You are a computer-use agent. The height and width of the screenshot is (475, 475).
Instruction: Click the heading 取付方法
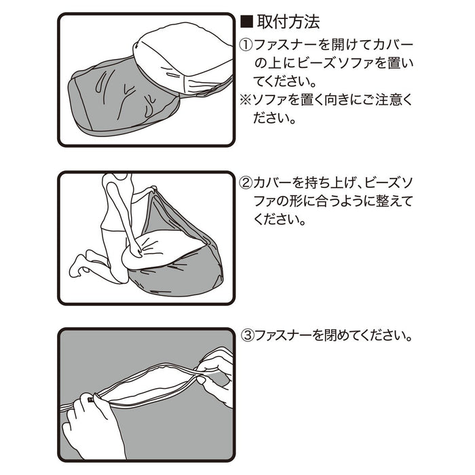click(x=288, y=22)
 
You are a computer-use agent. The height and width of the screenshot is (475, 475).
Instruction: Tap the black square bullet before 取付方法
click(x=246, y=22)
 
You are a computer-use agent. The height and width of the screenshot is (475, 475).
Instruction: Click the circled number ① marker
click(x=246, y=45)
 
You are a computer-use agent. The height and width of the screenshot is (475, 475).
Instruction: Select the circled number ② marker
click(x=246, y=183)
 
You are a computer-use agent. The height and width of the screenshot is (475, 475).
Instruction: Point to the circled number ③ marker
click(x=248, y=336)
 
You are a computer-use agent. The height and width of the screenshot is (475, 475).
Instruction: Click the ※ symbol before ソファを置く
click(x=246, y=100)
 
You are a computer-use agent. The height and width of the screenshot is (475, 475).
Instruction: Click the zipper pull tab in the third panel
click(x=90, y=400)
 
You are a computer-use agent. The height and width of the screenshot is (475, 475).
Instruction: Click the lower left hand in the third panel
click(x=91, y=424)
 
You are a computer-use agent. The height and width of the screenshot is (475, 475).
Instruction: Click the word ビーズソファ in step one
click(x=337, y=64)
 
